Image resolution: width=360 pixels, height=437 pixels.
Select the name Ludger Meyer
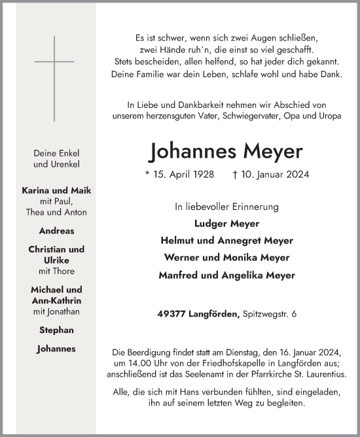226,223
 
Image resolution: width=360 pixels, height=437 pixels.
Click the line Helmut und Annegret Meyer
226,241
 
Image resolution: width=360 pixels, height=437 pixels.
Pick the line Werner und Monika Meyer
226,258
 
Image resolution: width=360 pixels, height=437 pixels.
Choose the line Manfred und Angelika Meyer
226,275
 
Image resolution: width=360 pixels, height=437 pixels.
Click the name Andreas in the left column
56,231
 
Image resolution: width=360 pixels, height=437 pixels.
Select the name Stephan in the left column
56,330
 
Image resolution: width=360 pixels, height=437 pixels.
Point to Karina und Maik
56,190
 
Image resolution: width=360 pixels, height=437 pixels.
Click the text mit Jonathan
56,311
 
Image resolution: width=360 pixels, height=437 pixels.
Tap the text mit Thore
56,271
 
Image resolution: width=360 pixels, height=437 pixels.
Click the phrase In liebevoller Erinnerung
226,207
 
